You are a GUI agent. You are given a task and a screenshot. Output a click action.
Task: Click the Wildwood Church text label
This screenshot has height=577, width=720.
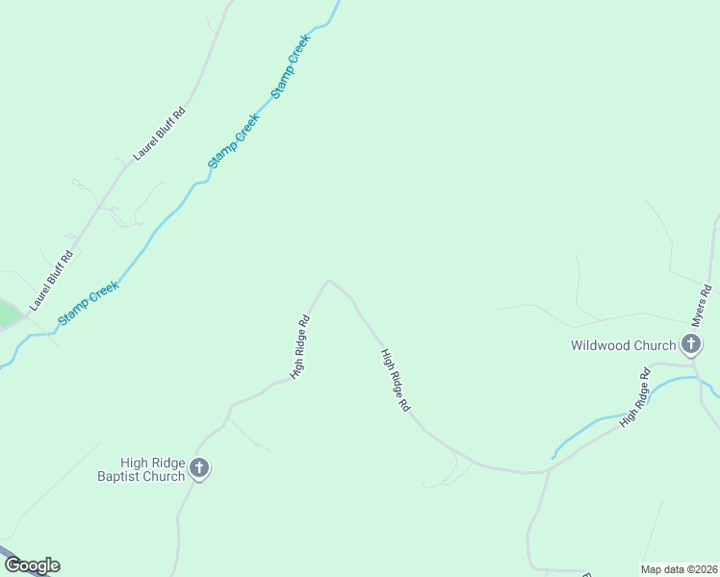pos(623,345)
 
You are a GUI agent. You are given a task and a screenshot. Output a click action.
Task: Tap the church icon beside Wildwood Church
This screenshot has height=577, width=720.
pos(691,343)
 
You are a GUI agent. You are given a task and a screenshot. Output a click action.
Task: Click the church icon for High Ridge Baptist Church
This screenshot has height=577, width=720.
pos(199,469)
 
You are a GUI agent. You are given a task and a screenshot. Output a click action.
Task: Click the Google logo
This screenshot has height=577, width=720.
pos(32,565)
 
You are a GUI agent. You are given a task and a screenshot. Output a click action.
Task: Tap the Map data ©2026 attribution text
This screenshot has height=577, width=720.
pos(680,569)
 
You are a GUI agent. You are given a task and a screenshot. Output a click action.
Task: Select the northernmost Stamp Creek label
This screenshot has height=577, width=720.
pos(292,66)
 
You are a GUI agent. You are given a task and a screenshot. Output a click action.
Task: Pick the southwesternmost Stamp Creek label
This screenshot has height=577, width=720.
pos(89,302)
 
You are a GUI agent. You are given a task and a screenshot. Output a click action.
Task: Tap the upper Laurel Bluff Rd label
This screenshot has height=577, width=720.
pos(160,134)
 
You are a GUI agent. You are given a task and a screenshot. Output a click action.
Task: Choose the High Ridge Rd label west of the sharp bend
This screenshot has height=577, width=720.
pos(300,347)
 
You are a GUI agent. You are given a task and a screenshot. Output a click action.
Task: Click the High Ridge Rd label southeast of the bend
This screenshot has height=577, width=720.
pos(395,381)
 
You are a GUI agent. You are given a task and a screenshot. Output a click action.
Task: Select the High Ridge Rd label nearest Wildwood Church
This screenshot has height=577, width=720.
pos(636,403)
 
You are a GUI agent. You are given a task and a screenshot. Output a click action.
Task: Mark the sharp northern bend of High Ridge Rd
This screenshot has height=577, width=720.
pos(329,282)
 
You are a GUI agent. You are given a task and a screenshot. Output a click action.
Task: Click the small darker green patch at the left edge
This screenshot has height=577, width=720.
pos(8,314)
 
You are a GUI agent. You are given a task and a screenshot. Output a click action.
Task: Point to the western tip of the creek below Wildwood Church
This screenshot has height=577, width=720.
pos(553,456)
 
